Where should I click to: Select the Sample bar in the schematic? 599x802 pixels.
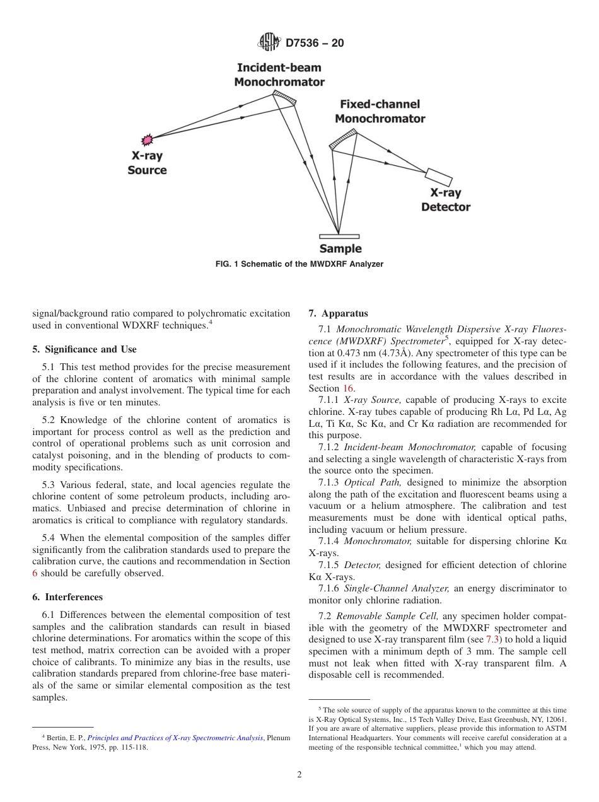pyautogui.click(x=339, y=236)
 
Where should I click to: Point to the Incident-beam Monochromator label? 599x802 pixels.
pyautogui.click(x=279, y=75)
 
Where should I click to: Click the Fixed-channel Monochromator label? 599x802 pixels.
pyautogui.click(x=380, y=112)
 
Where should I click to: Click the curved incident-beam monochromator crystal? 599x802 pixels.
pyautogui.click(x=284, y=97)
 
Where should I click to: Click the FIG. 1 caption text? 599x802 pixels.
pyautogui.click(x=299, y=264)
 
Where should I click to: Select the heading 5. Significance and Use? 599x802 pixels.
pyautogui.click(x=84, y=349)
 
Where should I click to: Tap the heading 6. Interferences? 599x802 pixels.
pyautogui.click(x=67, y=597)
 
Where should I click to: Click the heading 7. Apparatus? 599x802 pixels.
pyautogui.click(x=338, y=313)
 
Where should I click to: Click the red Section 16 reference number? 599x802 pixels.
pyautogui.click(x=348, y=388)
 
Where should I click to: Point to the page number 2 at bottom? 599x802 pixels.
pyautogui.click(x=299, y=776)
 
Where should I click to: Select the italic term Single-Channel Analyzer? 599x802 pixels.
pyautogui.click(x=396, y=588)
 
